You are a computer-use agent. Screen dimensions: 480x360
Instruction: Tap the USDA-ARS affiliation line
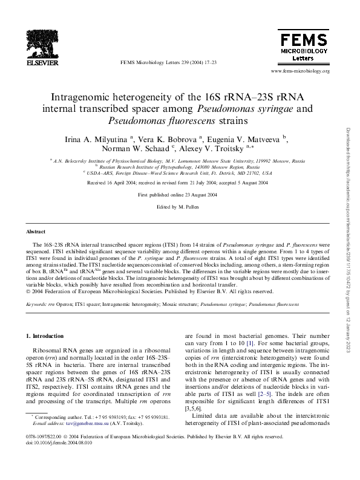pos(179,172)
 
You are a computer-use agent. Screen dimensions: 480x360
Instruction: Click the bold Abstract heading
pos(36,232)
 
